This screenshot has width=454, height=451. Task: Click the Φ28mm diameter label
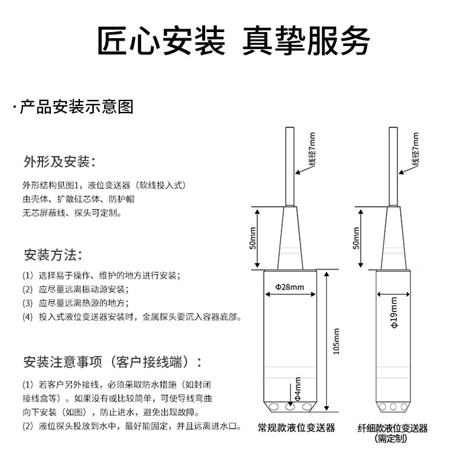click(x=289, y=286)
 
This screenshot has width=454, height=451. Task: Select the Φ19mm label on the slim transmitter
click(x=393, y=312)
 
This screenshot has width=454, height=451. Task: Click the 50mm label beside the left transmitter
click(x=253, y=239)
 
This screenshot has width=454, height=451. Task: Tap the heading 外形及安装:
click(x=59, y=162)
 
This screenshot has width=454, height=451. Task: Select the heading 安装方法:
click(x=53, y=254)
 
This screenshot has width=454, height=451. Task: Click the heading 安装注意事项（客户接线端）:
click(x=112, y=363)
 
